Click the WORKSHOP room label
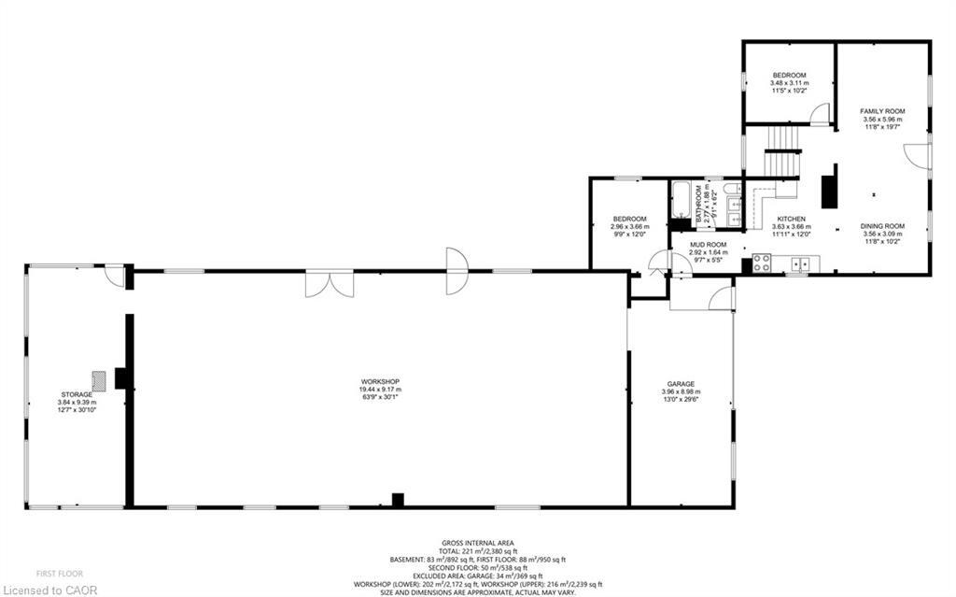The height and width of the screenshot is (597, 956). click(380, 381)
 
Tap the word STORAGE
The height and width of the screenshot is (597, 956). click(77, 394)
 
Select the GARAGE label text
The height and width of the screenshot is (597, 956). click(680, 384)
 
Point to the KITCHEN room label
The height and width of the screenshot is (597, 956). click(791, 219)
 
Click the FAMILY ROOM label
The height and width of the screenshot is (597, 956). click(882, 111)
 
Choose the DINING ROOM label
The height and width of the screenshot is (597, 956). click(882, 225)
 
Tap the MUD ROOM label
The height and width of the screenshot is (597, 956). click(707, 244)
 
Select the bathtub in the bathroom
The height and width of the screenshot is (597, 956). click(680, 201)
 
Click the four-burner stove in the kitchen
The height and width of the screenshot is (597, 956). click(761, 264)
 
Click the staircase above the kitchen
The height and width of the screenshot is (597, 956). click(783, 153)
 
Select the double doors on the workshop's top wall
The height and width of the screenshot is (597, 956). click(329, 283)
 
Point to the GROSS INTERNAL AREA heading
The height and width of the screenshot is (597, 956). click(477, 543)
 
